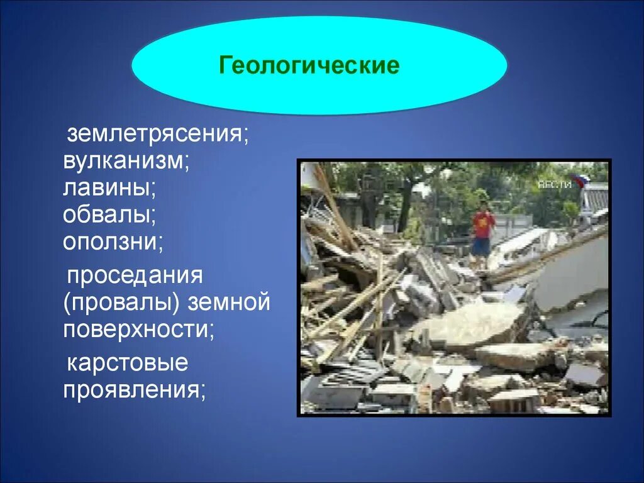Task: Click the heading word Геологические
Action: tap(309, 65)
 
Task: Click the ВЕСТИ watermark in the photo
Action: tap(555, 184)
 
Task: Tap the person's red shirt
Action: tap(483, 225)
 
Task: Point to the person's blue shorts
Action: tap(481, 245)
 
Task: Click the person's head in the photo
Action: tap(483, 206)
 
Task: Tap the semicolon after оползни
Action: tap(162, 244)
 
